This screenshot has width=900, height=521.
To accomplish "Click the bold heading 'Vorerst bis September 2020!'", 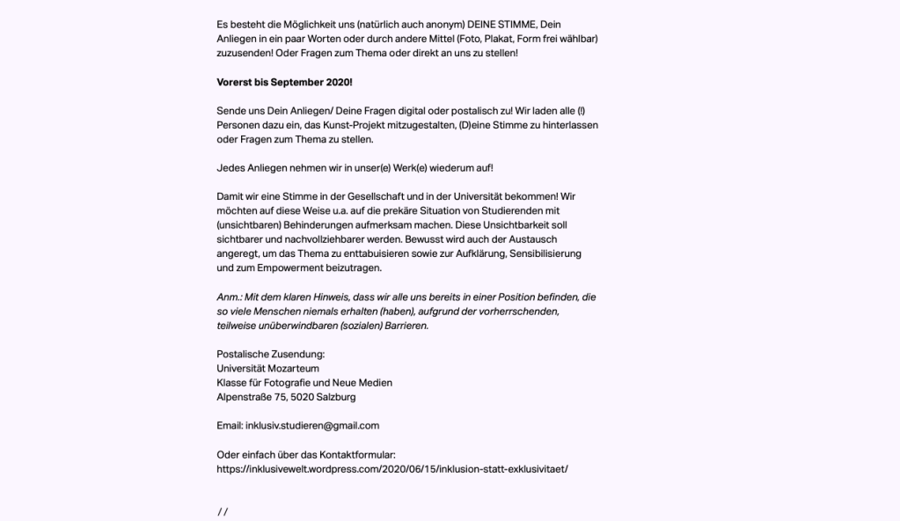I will tap(284, 82).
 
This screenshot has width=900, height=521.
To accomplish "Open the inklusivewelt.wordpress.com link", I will tap(391, 468).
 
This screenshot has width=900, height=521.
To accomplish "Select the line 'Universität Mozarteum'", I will tap(267, 368).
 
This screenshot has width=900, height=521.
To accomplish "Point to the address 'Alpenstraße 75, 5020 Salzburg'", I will tap(286, 397).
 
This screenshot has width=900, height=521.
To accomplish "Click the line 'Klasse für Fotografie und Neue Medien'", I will tap(304, 383).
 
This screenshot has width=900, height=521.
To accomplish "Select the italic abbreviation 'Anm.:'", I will tap(230, 297).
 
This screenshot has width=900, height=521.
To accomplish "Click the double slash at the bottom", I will tap(223, 512).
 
